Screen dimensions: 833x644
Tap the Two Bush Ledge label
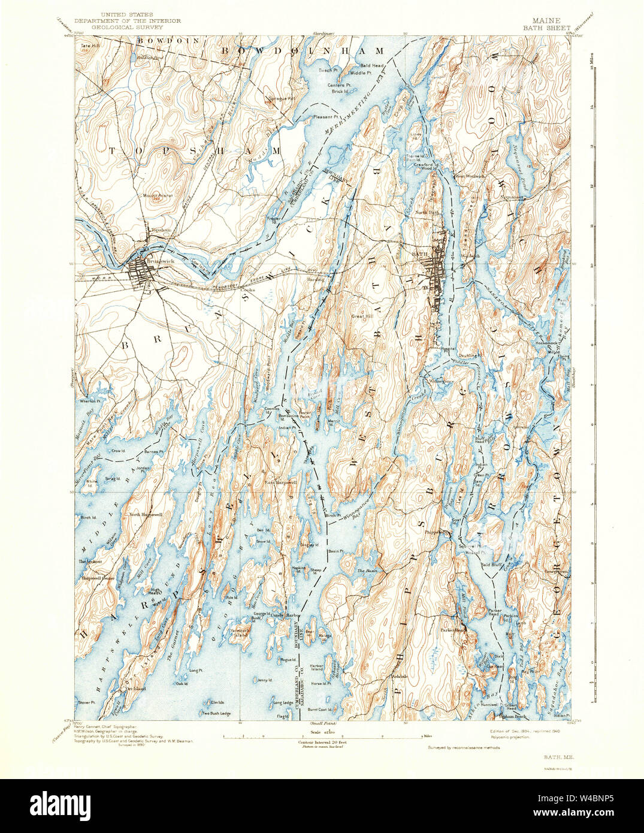click(x=216, y=713)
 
